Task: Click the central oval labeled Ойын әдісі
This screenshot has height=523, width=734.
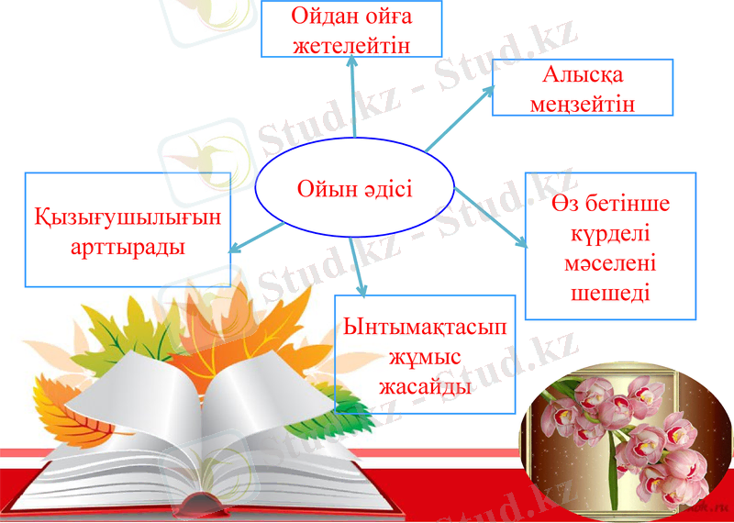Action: [354, 190]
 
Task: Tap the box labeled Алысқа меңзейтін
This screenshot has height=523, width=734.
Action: [583, 87]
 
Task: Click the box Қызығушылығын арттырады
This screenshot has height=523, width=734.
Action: [128, 229]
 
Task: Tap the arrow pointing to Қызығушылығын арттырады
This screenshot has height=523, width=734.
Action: [257, 235]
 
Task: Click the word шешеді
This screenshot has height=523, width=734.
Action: [611, 293]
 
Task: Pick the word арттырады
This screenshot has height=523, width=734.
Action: [128, 247]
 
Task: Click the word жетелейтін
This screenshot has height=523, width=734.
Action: [351, 43]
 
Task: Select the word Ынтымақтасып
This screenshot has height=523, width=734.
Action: [425, 328]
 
